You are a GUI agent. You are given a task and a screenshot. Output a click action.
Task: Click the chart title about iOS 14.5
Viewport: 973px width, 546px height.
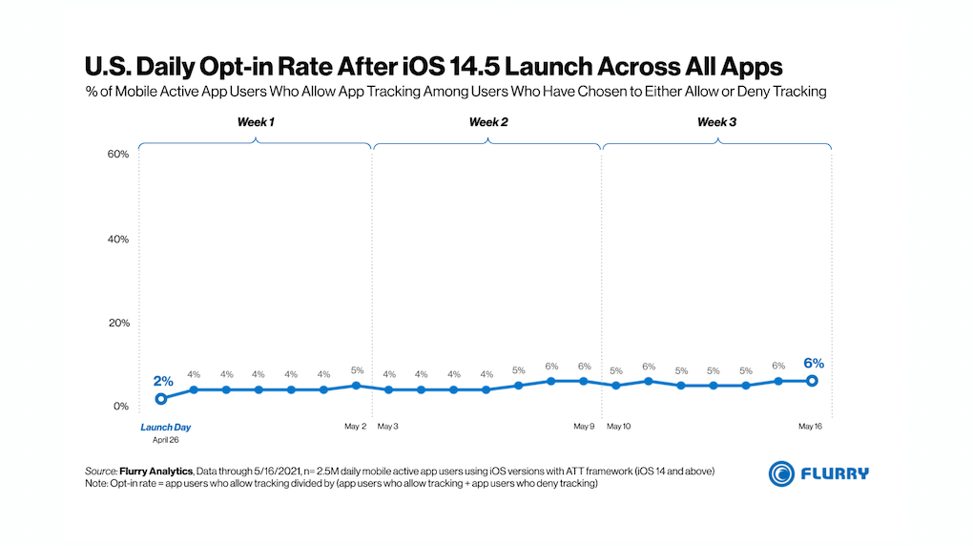(434, 67)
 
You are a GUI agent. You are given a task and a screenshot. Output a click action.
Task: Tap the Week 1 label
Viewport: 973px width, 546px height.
(256, 122)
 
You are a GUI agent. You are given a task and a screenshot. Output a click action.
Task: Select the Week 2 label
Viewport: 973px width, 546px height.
(487, 122)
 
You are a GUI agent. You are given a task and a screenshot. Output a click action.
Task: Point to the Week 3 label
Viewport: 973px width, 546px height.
(716, 122)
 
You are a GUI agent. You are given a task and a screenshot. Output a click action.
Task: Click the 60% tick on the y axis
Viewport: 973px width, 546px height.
(116, 155)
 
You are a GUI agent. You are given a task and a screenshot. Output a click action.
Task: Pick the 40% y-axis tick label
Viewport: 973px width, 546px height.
(116, 239)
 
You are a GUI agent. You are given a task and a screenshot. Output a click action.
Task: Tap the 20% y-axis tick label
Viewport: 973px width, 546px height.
(116, 323)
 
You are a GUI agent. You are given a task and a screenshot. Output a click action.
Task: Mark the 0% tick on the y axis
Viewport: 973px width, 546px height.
(119, 407)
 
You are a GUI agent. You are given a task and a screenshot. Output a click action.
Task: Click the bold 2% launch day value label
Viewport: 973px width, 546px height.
(162, 381)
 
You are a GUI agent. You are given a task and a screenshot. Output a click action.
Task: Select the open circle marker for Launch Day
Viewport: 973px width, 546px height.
(161, 398)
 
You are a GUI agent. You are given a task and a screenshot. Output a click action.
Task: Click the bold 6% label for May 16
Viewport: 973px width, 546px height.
(813, 363)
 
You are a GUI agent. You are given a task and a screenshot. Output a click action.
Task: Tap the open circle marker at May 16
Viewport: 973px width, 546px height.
(812, 381)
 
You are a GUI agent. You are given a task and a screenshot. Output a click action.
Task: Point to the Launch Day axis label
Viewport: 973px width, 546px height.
(166, 427)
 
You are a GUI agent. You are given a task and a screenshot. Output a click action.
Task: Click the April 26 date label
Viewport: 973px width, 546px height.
(166, 440)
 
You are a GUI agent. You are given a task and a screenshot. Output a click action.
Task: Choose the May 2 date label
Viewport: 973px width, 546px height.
(356, 427)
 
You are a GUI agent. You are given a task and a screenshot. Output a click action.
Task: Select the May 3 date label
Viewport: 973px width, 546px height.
(387, 427)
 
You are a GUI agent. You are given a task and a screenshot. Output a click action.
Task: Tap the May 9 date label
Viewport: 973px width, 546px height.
(584, 427)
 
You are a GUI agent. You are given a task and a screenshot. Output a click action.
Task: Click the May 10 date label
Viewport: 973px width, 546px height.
(618, 427)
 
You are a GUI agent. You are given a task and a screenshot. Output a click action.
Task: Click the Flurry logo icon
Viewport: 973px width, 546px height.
(781, 472)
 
